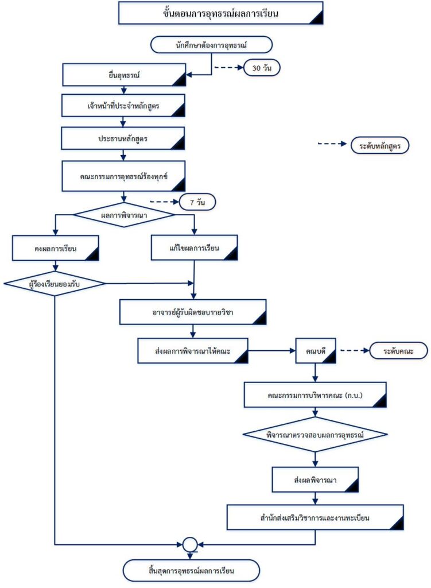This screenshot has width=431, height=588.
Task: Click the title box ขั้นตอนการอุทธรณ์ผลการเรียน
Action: click(221, 13)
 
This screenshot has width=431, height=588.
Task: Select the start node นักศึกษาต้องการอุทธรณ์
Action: click(211, 45)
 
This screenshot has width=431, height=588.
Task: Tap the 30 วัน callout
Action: click(262, 68)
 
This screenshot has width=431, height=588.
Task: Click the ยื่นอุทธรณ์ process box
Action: click(124, 75)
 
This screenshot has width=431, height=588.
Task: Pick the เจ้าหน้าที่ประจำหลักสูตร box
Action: click(123, 106)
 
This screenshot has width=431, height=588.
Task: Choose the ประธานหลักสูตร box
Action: click(123, 138)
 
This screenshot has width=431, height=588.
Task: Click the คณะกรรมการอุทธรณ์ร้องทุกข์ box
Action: click(124, 176)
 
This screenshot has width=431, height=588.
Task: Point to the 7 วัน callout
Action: click(197, 202)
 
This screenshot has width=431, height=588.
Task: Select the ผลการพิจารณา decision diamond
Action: click(124, 215)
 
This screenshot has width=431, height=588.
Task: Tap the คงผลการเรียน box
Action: click(56, 248)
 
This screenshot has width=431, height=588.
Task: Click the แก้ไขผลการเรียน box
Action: click(194, 248)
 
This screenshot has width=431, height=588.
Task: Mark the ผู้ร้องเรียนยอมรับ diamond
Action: click(55, 284)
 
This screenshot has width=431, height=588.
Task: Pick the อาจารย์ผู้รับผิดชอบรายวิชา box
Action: click(193, 312)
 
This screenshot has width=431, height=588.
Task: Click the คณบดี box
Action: click(316, 351)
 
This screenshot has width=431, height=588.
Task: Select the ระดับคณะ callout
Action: click(398, 351)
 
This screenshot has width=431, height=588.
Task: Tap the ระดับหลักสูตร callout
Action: click(380, 145)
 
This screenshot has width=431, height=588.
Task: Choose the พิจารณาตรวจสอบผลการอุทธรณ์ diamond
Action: click(315, 435)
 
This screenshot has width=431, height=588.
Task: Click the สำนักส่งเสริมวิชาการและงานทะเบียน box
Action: click(315, 517)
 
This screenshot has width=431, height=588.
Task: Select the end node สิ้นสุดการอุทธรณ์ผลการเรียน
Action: click(191, 571)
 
